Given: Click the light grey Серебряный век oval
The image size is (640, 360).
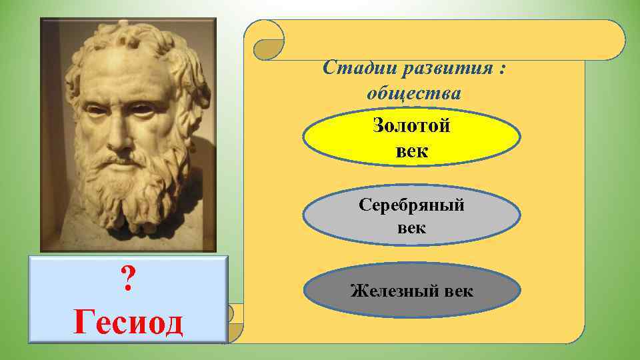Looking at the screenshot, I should point(412,216).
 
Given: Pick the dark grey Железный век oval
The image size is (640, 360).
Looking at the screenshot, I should point(412,291).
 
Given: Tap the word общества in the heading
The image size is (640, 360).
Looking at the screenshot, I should point(413,93).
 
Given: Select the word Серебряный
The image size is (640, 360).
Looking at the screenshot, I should point(412,205).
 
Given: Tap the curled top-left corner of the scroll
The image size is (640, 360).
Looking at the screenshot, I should point(265,40).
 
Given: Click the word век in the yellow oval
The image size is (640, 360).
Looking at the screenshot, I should point(412,151).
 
